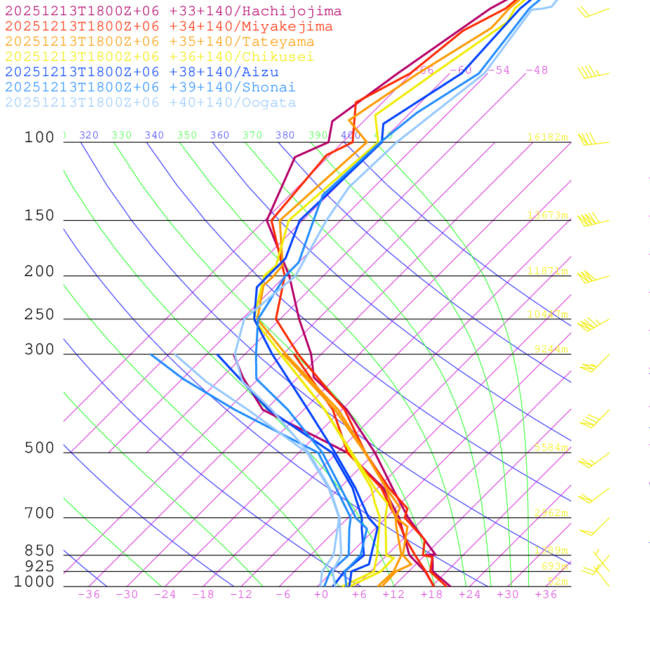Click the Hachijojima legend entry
(x=173, y=11)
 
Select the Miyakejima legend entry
(x=168, y=27)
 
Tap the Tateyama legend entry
(x=159, y=42)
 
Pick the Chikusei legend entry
(x=159, y=57)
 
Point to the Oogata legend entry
(x=150, y=103)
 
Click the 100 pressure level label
(x=39, y=138)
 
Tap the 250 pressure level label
(x=39, y=315)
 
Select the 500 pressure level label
(x=39, y=448)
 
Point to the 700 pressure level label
(x=39, y=514)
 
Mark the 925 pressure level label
(x=39, y=566)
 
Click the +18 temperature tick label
(x=432, y=594)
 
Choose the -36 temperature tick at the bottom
(x=88, y=594)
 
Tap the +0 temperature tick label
(x=321, y=594)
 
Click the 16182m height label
(x=548, y=137)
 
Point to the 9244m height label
(x=551, y=349)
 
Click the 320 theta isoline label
(x=89, y=135)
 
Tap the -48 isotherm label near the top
(x=536, y=70)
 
